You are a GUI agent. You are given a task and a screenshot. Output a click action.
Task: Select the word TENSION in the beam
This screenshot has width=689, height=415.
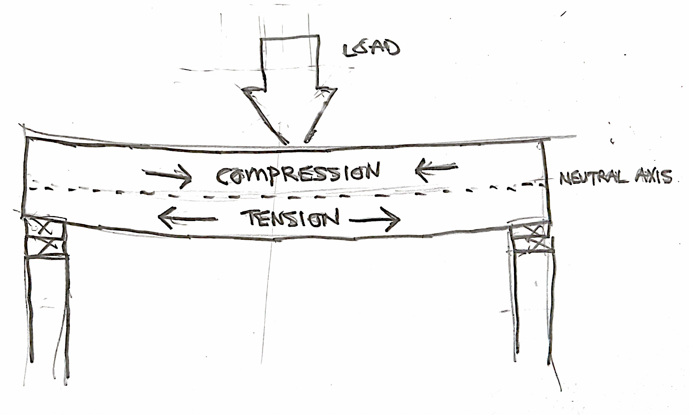(290, 218)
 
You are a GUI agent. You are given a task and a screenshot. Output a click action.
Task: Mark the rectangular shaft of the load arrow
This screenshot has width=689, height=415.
(290, 61)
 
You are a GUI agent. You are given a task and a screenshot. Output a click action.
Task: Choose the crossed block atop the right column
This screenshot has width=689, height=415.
(533, 238)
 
